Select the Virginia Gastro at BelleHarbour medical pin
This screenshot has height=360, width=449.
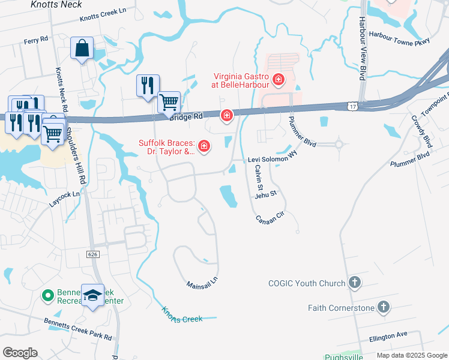[x=278, y=79]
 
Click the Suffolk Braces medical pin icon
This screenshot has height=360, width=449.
[x=204, y=146]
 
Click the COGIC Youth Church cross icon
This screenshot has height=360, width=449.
[x=355, y=283]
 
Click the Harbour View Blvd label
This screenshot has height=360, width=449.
[x=363, y=49]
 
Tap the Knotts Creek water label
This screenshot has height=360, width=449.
[x=182, y=314]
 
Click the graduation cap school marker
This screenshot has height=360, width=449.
[x=92, y=295]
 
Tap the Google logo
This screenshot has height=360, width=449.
[x=20, y=353]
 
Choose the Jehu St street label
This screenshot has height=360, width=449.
[x=265, y=194]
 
